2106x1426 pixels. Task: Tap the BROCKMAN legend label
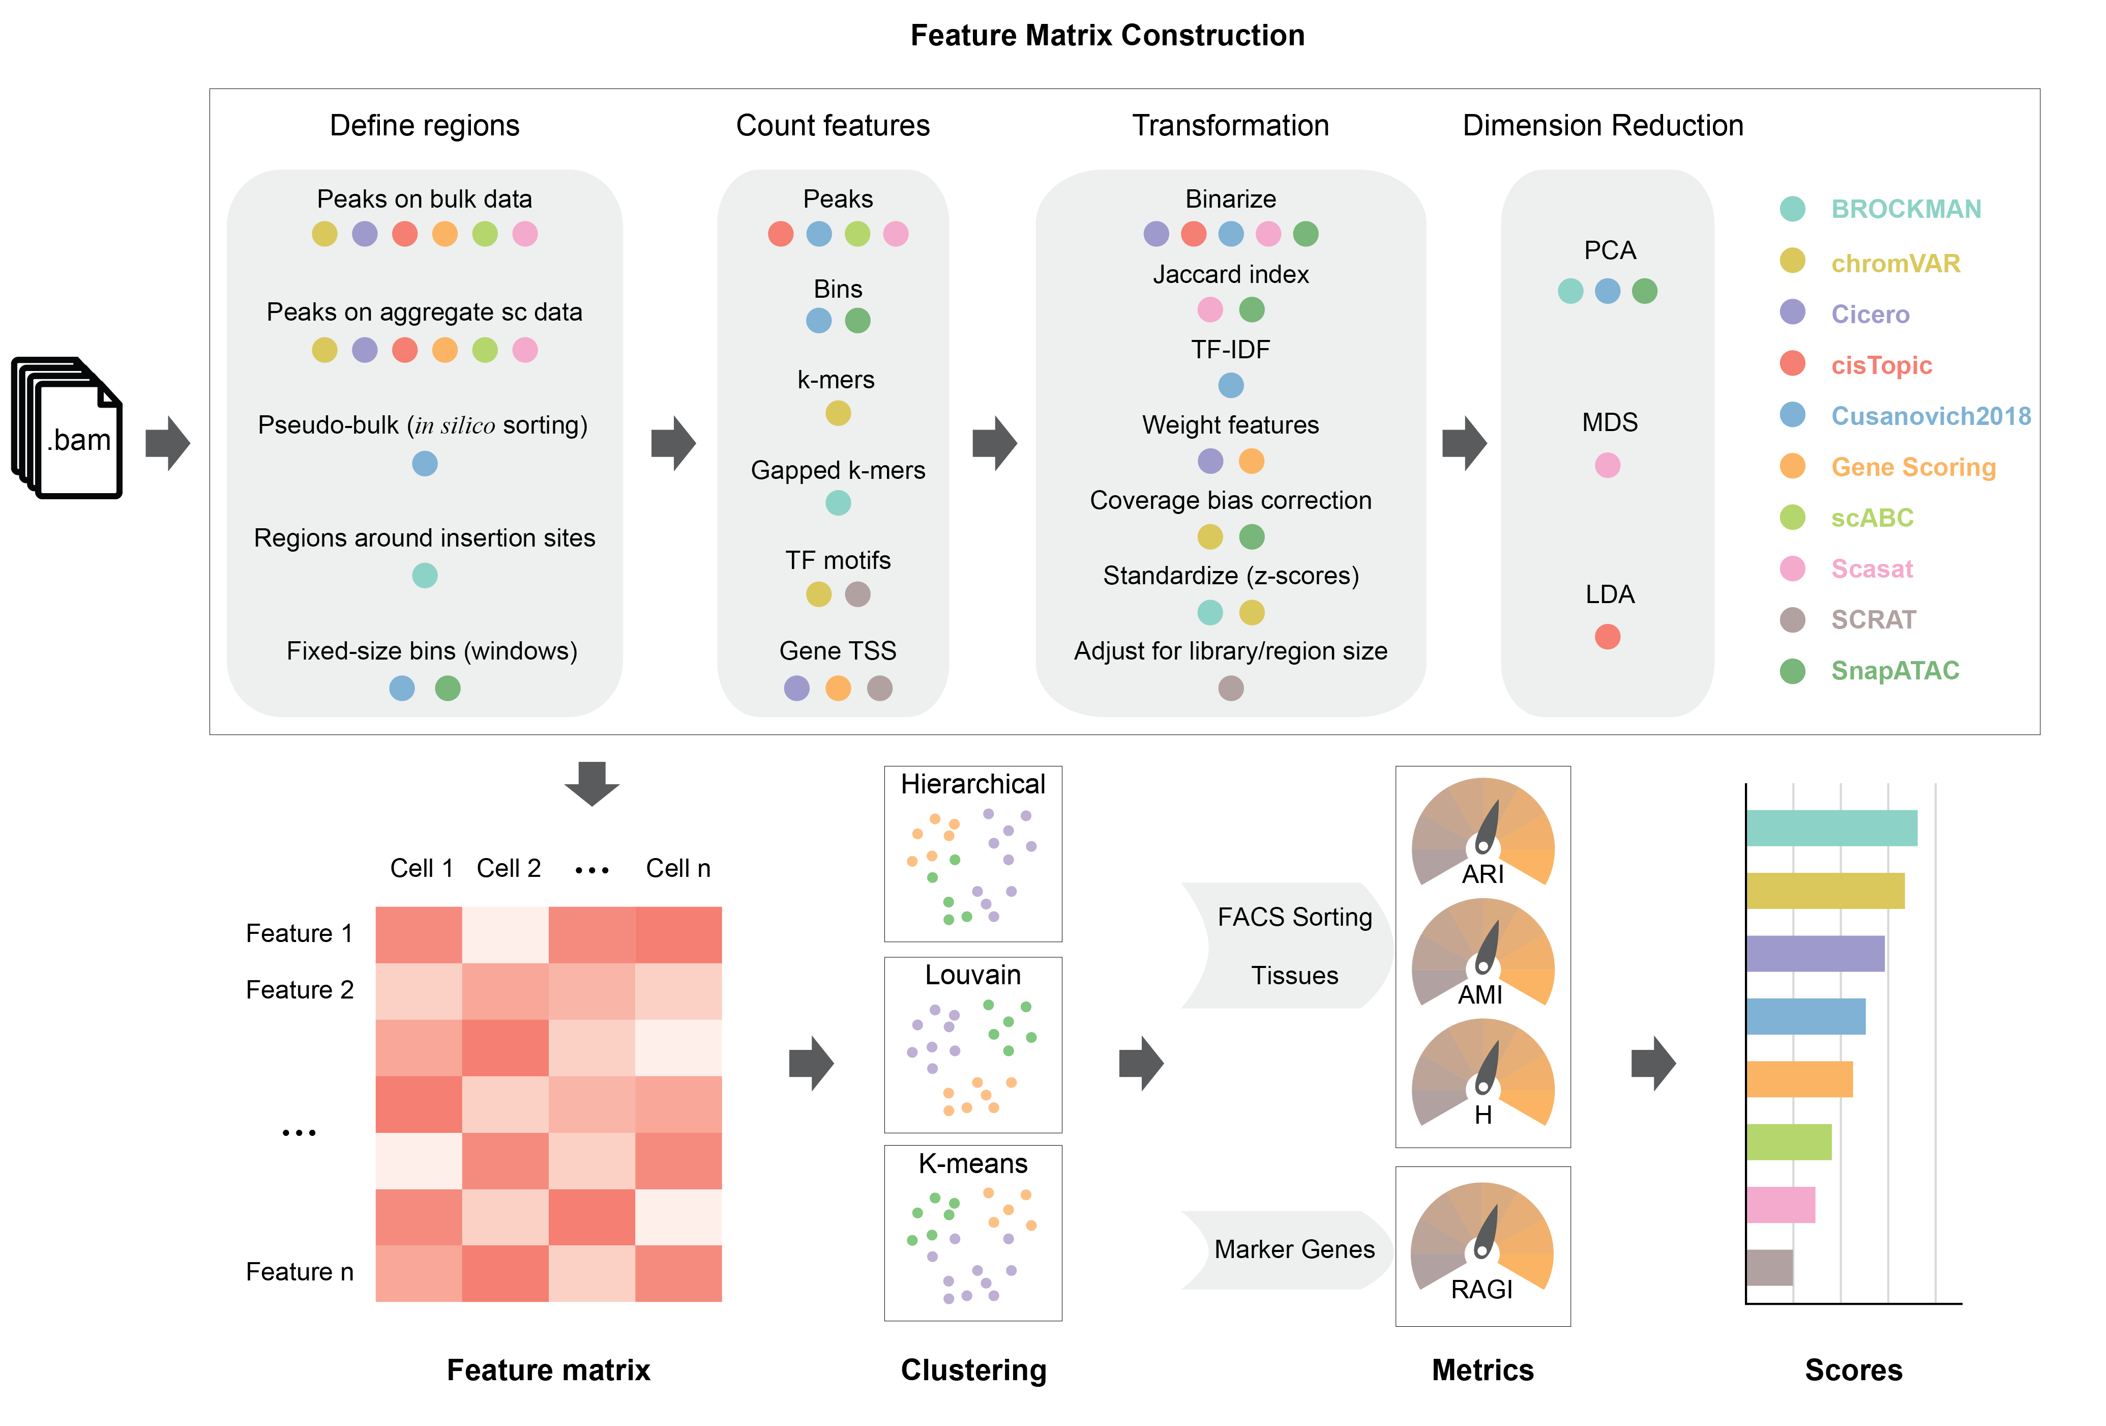click(1906, 209)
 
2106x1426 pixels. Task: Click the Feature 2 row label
click(299, 990)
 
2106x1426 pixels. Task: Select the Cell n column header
click(678, 868)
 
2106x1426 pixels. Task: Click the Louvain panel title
click(972, 976)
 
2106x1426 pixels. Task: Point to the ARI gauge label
click(1482, 875)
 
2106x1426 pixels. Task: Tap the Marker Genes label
click(1294, 1249)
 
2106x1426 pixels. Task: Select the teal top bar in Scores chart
click(1830, 828)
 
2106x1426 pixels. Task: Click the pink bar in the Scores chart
click(1780, 1205)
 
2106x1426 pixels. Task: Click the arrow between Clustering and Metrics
click(1141, 1063)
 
